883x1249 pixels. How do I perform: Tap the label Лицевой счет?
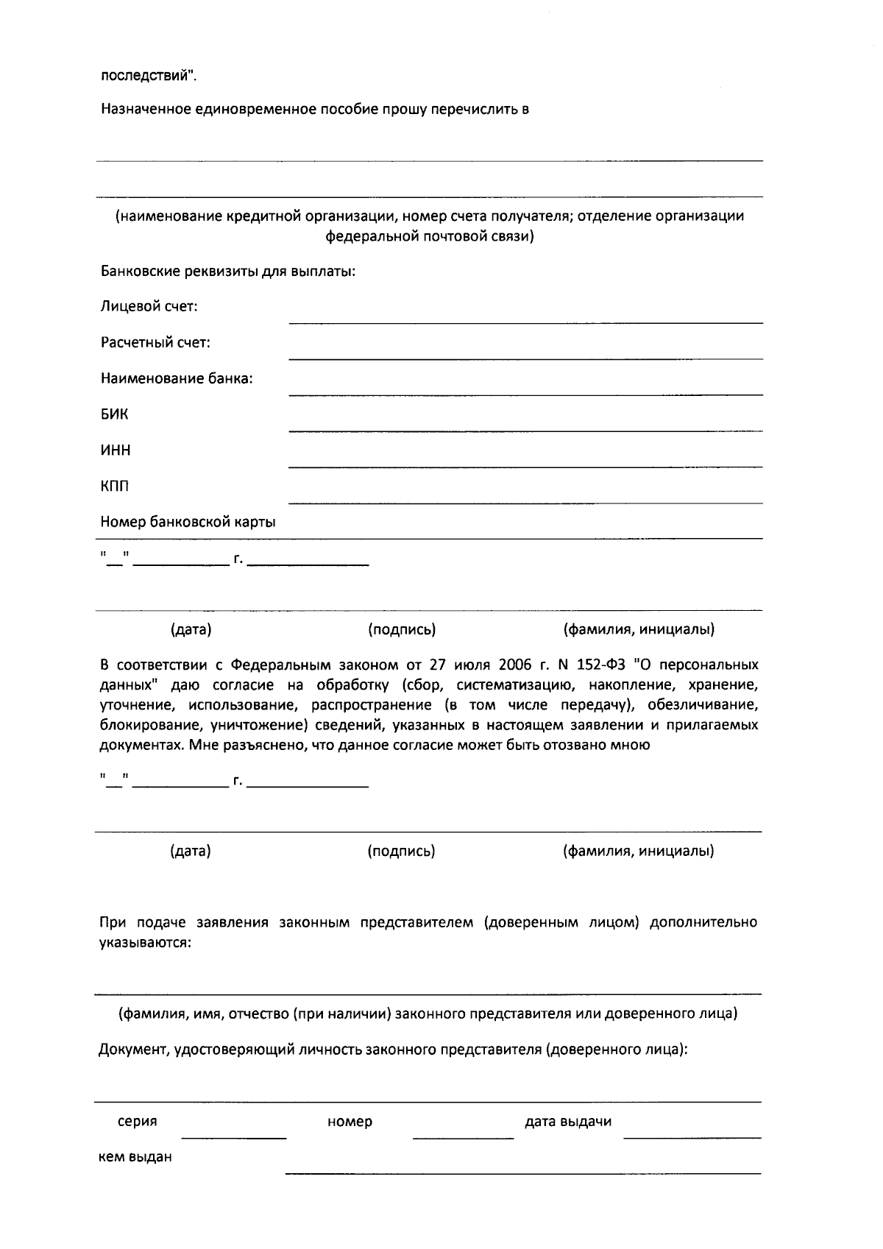(149, 307)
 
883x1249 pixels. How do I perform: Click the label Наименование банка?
(177, 379)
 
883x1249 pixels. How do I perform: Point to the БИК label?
(114, 414)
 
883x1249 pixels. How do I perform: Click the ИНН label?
(116, 450)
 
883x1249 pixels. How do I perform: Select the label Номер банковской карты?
(188, 523)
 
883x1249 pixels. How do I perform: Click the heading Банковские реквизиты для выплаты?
(228, 271)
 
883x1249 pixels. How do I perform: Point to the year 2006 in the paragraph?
(514, 665)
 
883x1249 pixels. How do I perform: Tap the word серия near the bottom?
(138, 1122)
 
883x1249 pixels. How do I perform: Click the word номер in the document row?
(350, 1122)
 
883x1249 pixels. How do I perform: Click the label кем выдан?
(135, 1156)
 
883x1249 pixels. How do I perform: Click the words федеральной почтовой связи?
(429, 237)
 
